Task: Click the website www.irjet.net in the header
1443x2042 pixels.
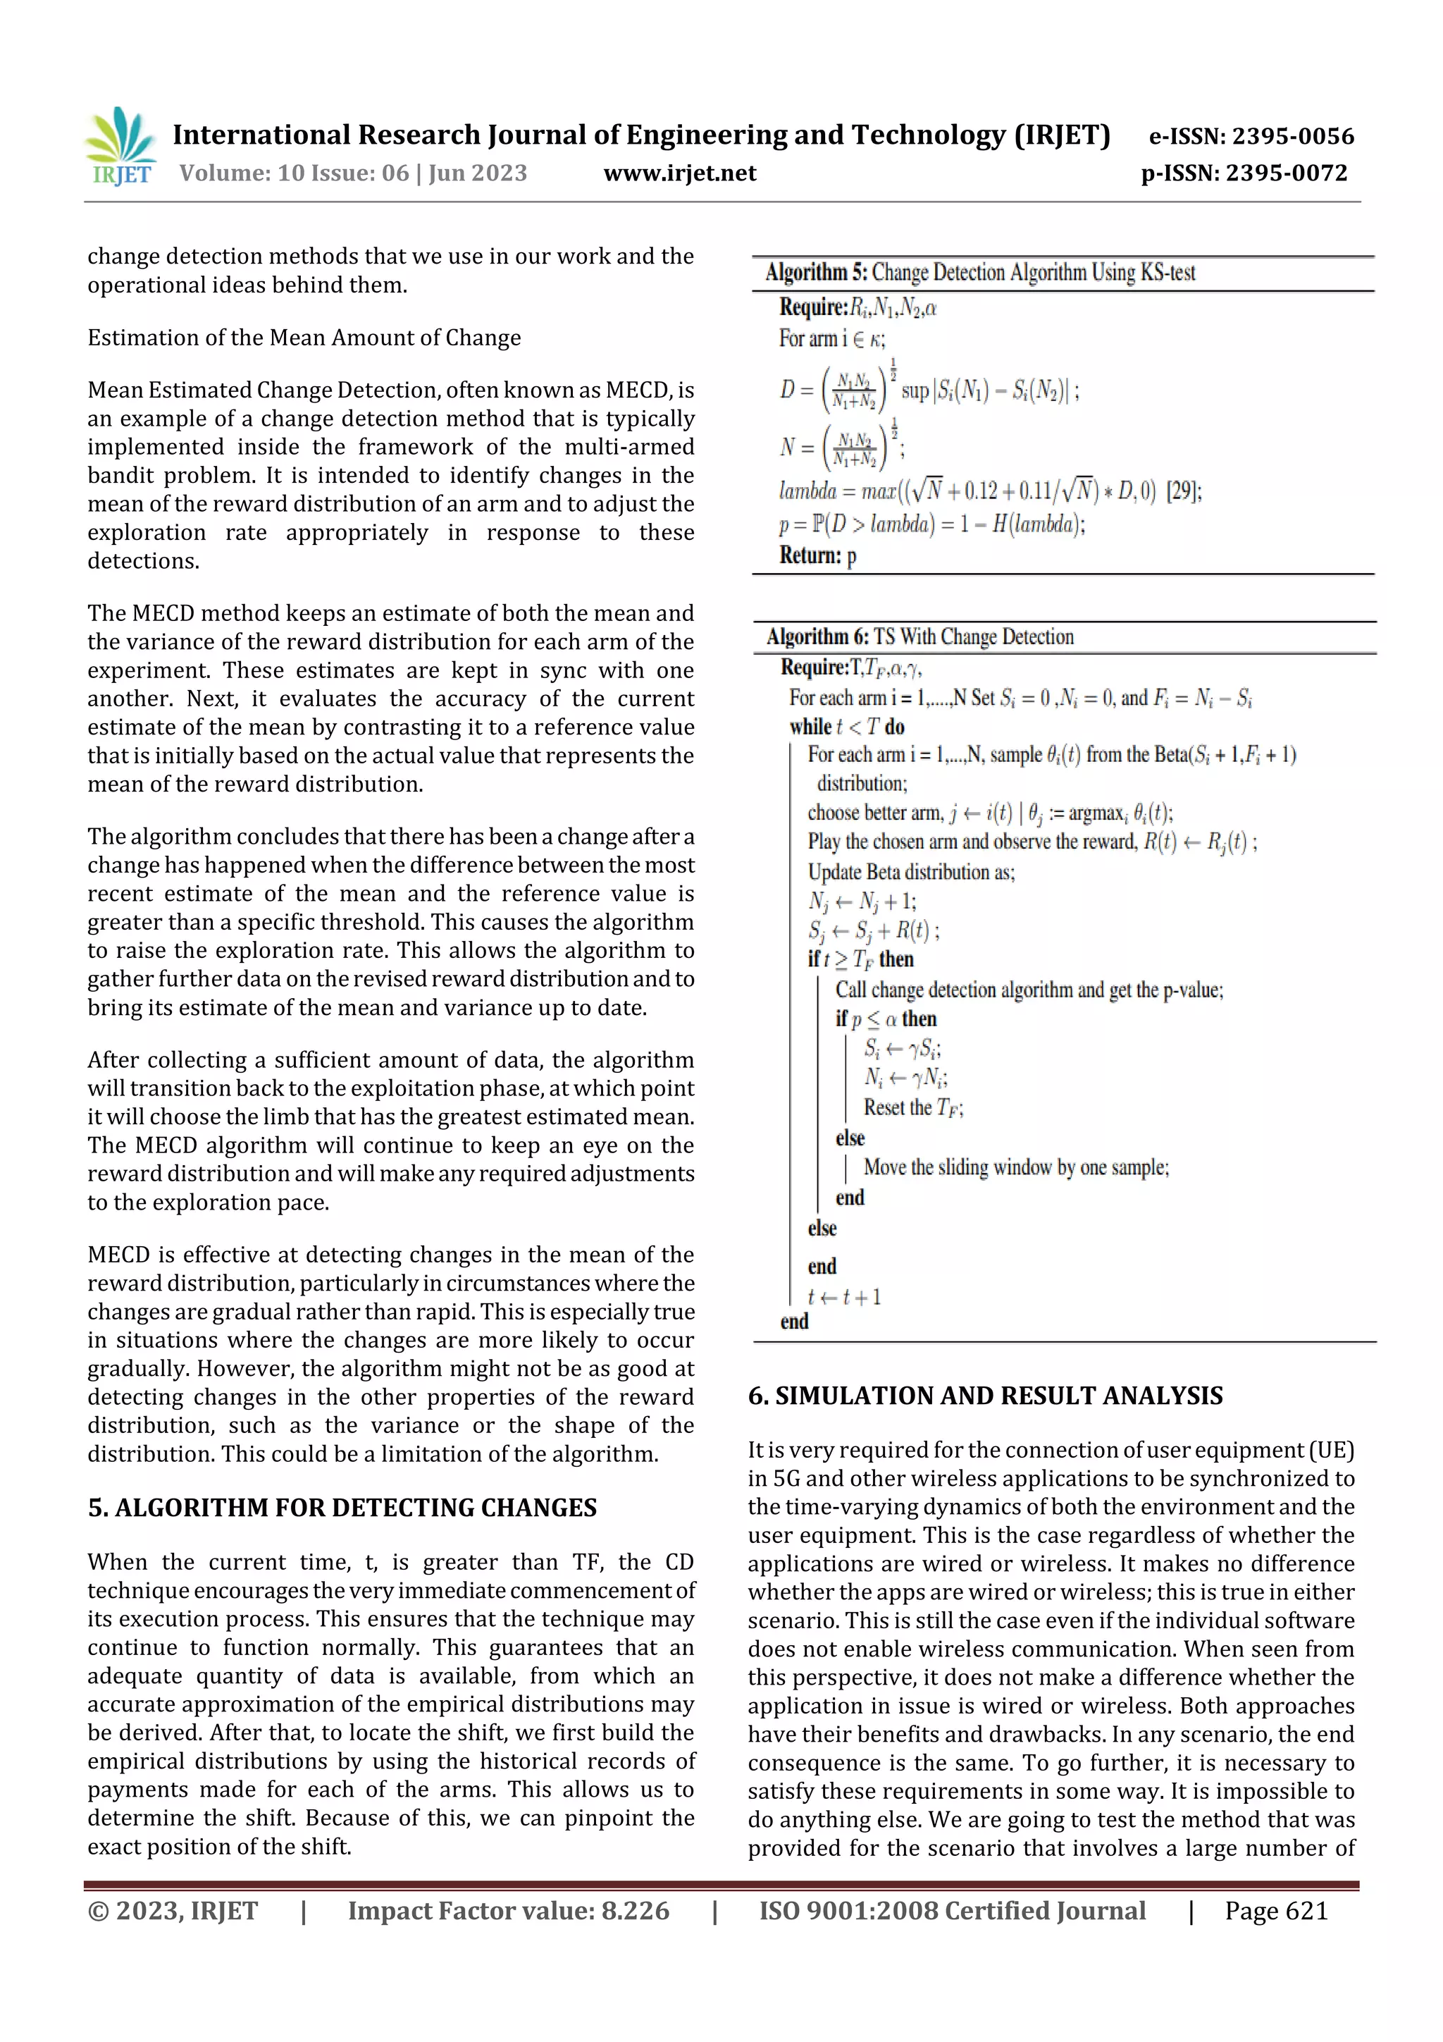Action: [679, 173]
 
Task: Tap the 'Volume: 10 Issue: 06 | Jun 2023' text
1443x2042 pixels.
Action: [353, 173]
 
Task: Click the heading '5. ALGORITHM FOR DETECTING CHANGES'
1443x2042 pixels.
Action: [342, 1508]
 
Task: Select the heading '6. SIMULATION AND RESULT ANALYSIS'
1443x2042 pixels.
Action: [984, 1396]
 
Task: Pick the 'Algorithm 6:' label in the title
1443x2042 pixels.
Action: [817, 636]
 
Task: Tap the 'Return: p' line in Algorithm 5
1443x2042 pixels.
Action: [817, 556]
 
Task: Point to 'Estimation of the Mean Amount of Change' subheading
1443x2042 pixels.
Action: [304, 338]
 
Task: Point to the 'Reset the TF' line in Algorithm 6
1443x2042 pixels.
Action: [913, 1107]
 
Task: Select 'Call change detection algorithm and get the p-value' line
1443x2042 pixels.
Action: [1029, 990]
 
